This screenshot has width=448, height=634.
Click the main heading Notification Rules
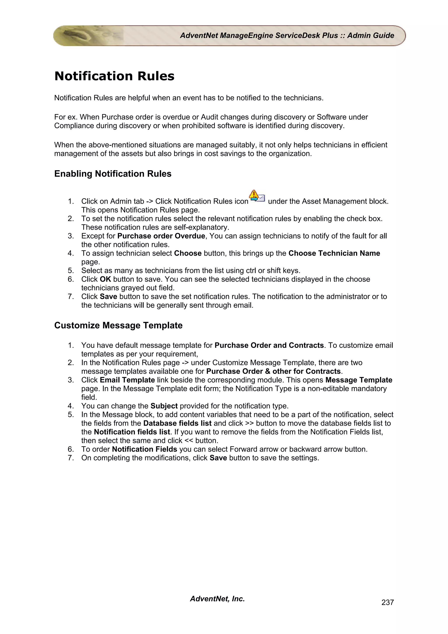coord(114,76)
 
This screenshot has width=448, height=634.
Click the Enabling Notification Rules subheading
coord(113,174)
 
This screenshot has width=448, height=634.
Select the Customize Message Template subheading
coord(118,325)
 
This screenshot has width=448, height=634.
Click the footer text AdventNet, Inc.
coord(217,599)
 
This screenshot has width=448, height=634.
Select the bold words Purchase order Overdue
coord(161,236)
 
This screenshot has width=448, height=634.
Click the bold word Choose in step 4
coord(188,253)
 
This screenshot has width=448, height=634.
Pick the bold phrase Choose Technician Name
coord(334,253)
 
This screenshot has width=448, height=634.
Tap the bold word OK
coord(105,279)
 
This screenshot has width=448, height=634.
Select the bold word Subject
coord(164,406)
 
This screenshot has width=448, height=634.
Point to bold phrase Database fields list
coord(177,423)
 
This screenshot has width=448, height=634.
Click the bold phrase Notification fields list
coord(132,432)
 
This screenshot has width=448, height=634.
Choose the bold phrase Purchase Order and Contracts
coord(269,345)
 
